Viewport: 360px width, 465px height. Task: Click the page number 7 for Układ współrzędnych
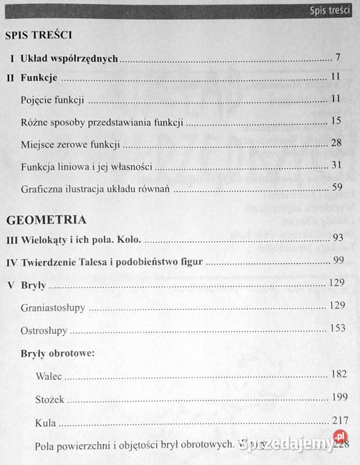[x=337, y=57]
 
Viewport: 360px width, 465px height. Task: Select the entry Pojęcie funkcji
[x=52, y=100]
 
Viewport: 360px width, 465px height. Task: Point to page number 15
[x=335, y=121]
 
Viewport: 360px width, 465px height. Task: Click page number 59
[x=335, y=188]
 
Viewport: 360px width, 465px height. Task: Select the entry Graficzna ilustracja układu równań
[x=96, y=190]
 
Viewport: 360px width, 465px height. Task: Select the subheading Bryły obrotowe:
[x=58, y=353]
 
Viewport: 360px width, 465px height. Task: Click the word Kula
[x=46, y=424]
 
